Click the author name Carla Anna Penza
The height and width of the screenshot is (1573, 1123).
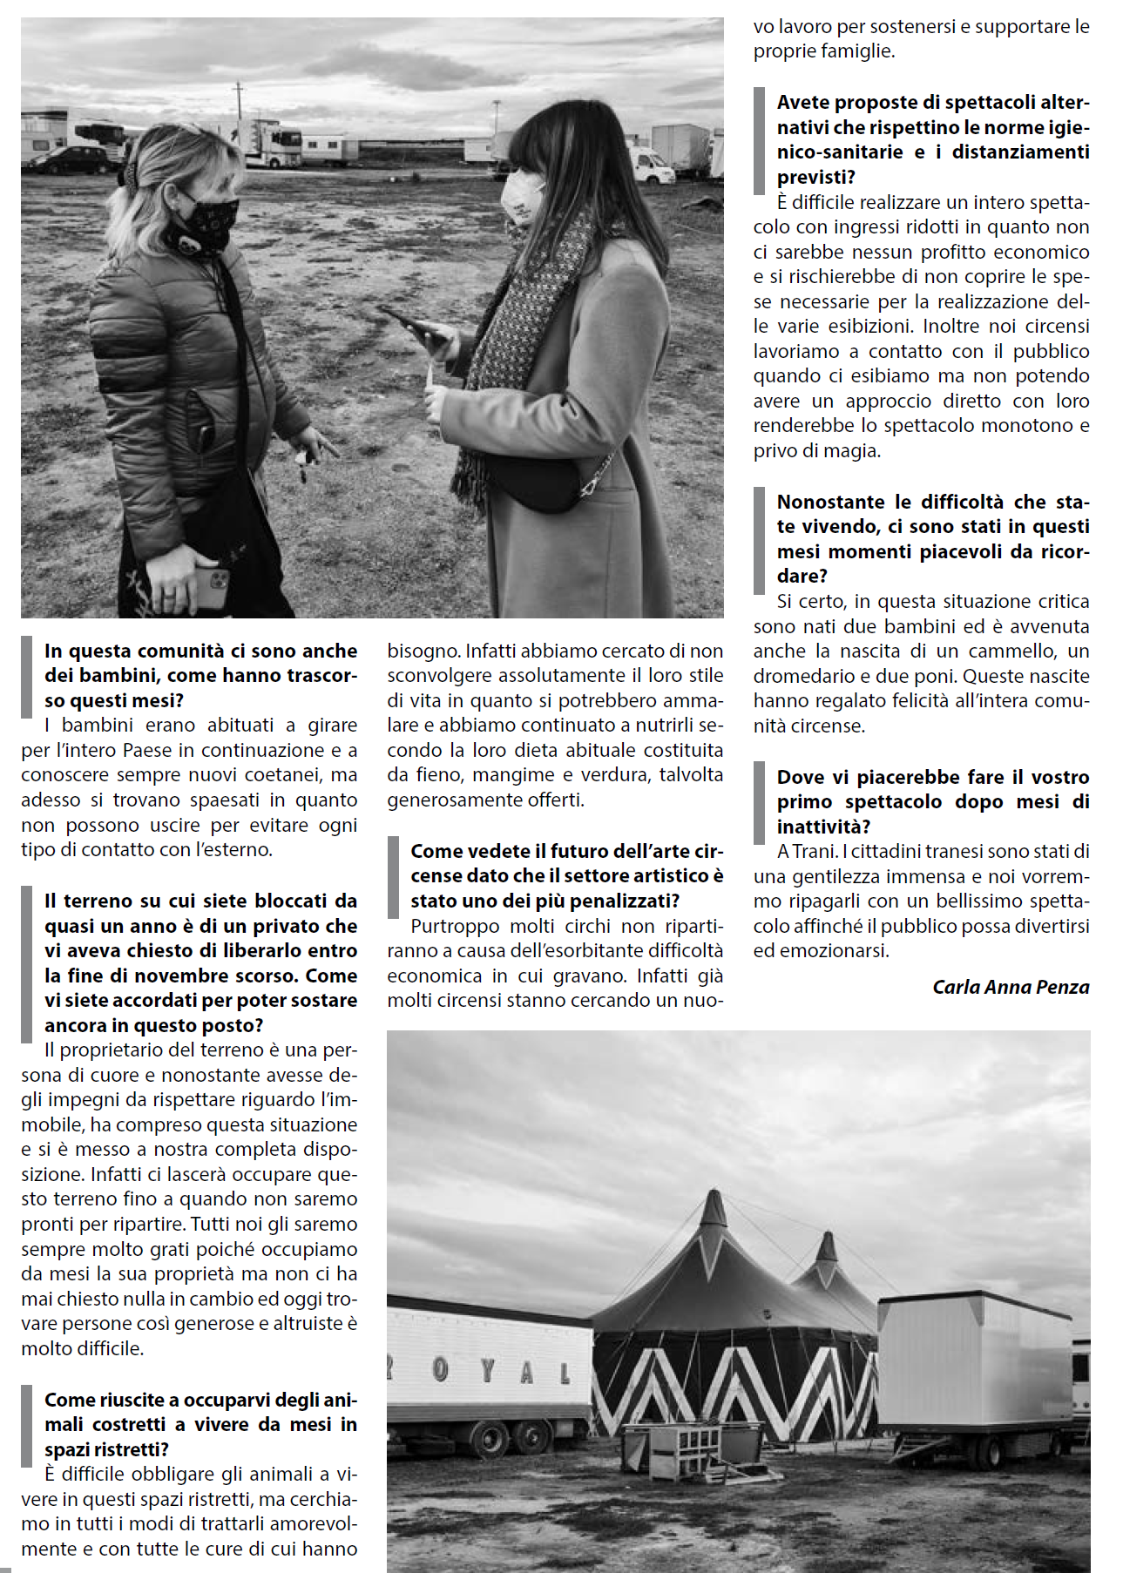click(1011, 987)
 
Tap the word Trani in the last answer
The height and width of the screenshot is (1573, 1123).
click(814, 851)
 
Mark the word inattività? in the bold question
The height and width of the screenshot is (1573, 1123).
click(823, 827)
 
